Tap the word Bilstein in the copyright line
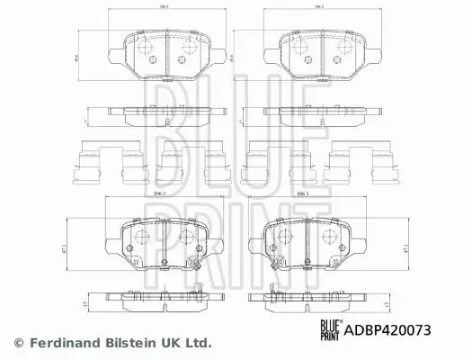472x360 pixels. pos(142,343)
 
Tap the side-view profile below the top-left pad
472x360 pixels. pos(163,112)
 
